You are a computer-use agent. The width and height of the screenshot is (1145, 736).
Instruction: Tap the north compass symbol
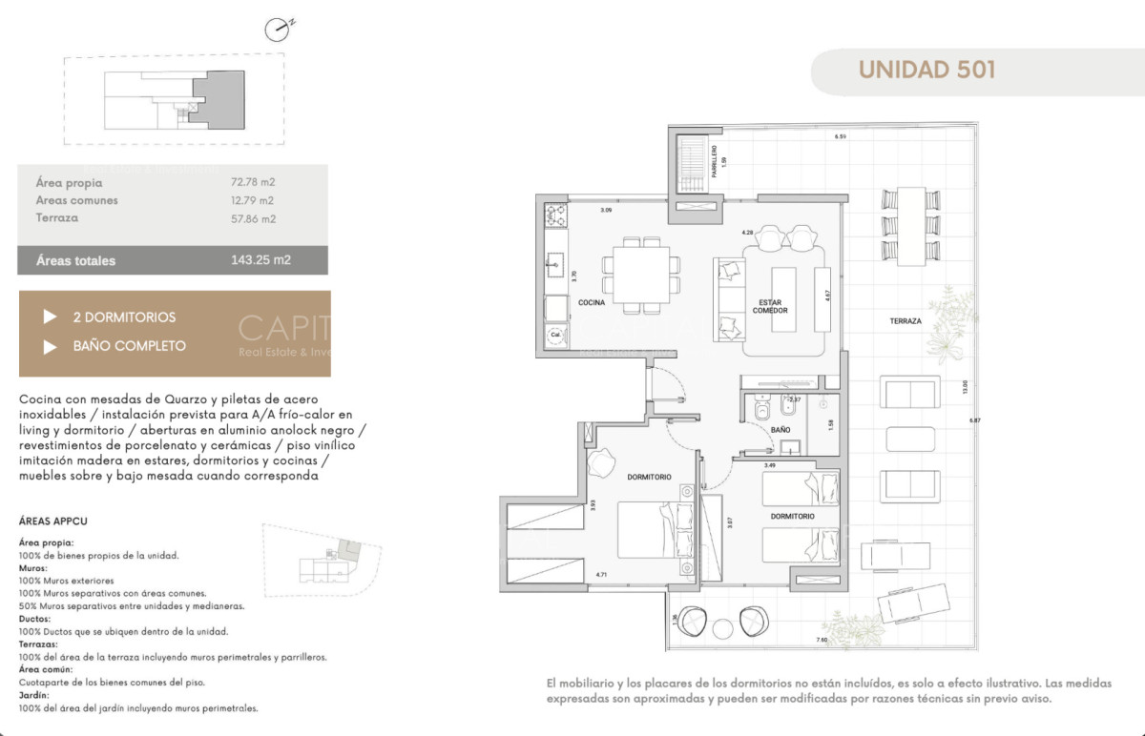pos(277,30)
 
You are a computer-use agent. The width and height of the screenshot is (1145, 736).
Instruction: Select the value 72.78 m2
pos(253,181)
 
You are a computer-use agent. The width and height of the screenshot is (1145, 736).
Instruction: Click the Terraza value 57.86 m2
pos(253,218)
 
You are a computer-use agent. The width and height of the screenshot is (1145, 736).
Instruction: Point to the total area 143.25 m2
pos(260,260)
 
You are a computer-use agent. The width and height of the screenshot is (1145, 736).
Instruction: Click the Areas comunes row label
pos(76,200)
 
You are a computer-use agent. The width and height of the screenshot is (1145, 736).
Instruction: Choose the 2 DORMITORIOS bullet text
pos(124,317)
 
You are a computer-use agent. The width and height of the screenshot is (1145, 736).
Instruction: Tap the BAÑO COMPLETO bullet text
pos(129,346)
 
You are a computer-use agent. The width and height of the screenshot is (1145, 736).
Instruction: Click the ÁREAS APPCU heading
pos(53,521)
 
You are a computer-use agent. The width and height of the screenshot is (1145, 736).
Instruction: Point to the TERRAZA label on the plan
pos(906,321)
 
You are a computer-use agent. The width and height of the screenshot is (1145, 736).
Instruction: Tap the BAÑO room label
pos(780,430)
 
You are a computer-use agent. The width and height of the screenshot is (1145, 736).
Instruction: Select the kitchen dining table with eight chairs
pos(641,273)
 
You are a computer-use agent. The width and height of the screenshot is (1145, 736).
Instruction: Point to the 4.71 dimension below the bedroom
pos(601,575)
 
